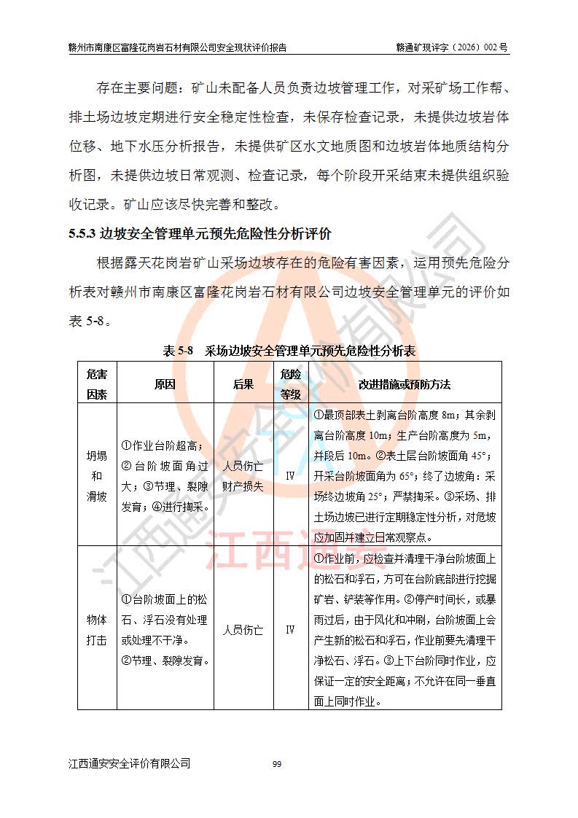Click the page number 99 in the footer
click(x=277, y=764)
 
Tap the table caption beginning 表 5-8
click(x=289, y=351)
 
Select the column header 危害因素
click(x=97, y=384)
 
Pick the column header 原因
click(x=165, y=384)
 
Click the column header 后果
click(x=243, y=384)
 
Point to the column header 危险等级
click(x=290, y=384)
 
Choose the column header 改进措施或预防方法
click(x=405, y=384)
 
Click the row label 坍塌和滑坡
click(x=97, y=475)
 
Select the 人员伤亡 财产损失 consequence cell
click(x=243, y=475)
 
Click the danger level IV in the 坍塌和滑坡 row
click(x=290, y=475)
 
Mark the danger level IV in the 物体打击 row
click(x=290, y=629)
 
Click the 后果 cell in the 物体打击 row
click(x=243, y=629)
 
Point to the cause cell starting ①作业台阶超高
click(x=165, y=475)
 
